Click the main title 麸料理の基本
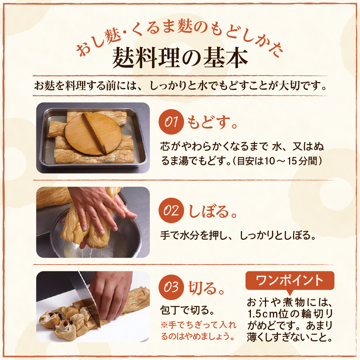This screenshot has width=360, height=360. pos(180,58)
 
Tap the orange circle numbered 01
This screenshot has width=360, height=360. pos(171,122)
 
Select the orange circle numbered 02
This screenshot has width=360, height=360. pos(171,210)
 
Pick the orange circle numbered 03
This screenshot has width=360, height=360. pos(171,287)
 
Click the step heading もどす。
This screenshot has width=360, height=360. pos(212,122)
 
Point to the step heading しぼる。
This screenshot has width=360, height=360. pos(212,211)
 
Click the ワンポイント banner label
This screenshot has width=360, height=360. pos(290,280)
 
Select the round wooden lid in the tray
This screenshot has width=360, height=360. pos(94,134)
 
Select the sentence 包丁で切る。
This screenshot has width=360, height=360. pos(187,310)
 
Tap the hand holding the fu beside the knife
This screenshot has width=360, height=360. pos(111,294)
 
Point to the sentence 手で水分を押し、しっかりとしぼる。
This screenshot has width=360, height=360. pos(238,235)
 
